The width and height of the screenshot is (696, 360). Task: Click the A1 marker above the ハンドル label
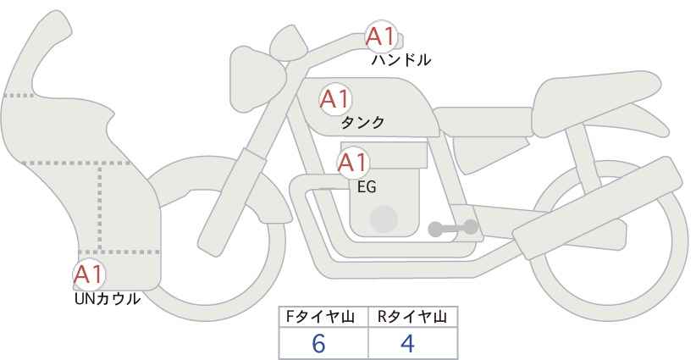coord(381,36)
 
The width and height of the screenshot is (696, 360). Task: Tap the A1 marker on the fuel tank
coord(335,99)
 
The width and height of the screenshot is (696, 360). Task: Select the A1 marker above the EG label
coord(352,163)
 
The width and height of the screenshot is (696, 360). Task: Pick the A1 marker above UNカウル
coord(89,274)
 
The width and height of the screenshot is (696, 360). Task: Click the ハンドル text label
coord(401,60)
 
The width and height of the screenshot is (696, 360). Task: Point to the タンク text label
coord(362,123)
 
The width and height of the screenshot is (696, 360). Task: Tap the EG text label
coord(367,187)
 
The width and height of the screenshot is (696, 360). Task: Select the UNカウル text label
coord(108,299)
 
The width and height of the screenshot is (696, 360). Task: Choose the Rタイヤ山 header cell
coord(413,317)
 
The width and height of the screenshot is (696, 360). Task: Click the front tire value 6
coord(318,344)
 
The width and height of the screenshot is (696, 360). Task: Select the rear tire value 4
coord(407,344)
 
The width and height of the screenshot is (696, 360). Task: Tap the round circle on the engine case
coord(384,219)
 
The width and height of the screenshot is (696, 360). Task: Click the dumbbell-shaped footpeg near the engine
coord(453,228)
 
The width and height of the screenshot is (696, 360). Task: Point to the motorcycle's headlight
coord(257,80)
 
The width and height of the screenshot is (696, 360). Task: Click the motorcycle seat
coord(594,103)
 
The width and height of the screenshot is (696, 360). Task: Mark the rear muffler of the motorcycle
coord(598,208)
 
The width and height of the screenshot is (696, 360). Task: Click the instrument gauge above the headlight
coord(289,42)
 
